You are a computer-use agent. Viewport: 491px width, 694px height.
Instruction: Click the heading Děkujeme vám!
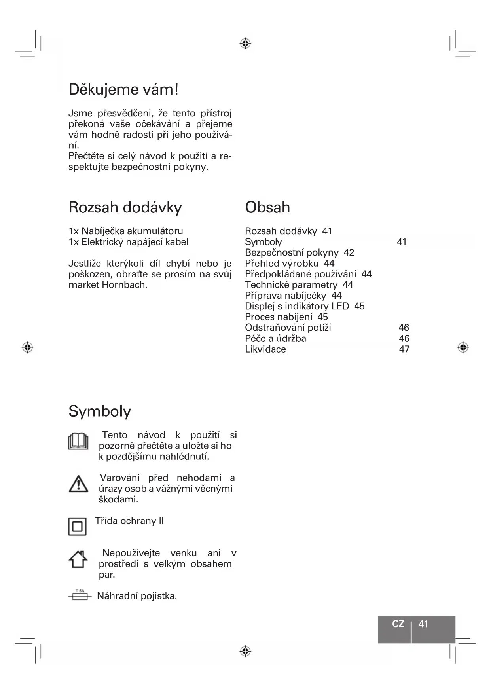[123, 90]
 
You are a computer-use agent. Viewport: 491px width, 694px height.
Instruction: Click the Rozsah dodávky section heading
[125, 207]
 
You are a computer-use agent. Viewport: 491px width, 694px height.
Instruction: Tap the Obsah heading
[267, 207]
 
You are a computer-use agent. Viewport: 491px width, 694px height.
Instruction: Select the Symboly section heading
[100, 411]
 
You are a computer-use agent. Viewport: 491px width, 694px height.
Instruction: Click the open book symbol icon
[78, 442]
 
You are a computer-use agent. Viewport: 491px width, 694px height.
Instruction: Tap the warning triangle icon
[78, 484]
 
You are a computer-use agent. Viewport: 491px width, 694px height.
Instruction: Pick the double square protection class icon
[78, 527]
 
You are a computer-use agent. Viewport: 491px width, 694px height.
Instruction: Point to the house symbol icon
[78, 559]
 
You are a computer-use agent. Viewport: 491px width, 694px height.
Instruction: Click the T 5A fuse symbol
[80, 595]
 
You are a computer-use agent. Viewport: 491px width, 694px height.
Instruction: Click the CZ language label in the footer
[398, 624]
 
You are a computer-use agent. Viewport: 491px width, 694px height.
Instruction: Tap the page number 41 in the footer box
[423, 624]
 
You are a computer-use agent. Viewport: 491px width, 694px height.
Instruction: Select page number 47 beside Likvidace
[404, 349]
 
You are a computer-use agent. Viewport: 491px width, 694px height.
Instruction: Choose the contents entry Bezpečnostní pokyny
[292, 253]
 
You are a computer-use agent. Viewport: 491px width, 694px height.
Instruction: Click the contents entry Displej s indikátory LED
[297, 306]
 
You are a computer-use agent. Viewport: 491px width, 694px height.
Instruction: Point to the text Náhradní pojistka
[137, 596]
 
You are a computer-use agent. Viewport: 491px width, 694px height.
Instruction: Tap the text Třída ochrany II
[129, 521]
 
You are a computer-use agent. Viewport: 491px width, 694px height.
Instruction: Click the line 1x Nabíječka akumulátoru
[126, 231]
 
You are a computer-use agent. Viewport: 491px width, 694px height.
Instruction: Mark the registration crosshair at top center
[245, 43]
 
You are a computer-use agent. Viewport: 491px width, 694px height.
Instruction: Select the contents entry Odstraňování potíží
[288, 328]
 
